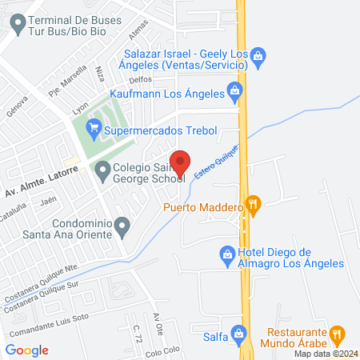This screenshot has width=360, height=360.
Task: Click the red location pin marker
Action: [x=181, y=162]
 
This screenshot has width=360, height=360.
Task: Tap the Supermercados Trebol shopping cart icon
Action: [x=94, y=126]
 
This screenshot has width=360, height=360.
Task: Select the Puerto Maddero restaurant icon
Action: [x=254, y=206]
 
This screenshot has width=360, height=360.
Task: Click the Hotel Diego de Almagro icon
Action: [x=227, y=256]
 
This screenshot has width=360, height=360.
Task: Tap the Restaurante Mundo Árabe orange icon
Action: [x=338, y=332]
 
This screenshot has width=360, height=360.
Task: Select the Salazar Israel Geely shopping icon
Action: [x=258, y=55]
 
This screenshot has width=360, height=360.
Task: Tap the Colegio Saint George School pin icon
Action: [x=102, y=170]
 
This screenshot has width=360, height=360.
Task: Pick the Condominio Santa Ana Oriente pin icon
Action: [x=121, y=227]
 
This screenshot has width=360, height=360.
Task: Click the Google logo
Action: [x=26, y=350]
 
